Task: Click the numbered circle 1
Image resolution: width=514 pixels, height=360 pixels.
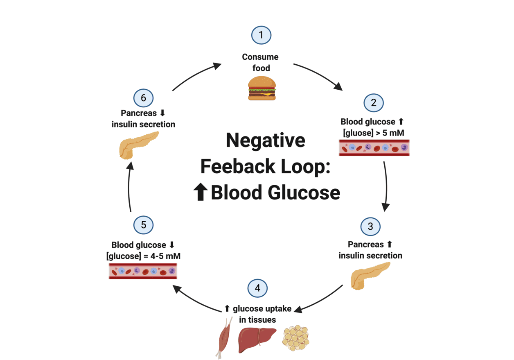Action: click(x=261, y=35)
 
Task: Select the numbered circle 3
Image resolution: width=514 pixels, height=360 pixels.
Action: click(x=370, y=226)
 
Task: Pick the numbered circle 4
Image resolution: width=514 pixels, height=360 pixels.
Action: click(x=257, y=288)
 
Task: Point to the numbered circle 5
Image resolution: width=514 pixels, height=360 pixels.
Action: click(x=143, y=224)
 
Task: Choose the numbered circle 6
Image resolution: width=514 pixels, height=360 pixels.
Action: click(x=143, y=98)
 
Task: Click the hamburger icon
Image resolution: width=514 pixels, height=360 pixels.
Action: click(x=262, y=89)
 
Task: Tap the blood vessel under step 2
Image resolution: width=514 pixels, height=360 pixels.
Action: click(x=374, y=147)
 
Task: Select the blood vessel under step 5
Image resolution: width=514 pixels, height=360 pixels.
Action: click(x=143, y=271)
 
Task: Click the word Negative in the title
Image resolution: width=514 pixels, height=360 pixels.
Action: click(x=265, y=140)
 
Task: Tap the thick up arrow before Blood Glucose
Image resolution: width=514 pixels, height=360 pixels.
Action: click(x=201, y=192)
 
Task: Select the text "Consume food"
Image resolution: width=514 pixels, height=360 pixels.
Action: click(x=260, y=62)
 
